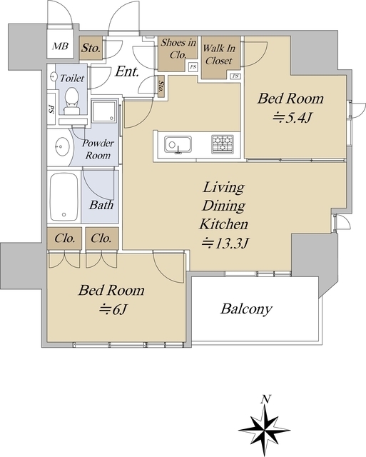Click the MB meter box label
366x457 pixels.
pyautogui.click(x=60, y=46)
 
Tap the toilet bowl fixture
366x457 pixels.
pyautogui.click(x=71, y=101)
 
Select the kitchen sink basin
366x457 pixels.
pyautogui.click(x=178, y=144)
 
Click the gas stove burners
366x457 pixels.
pyautogui.click(x=223, y=144)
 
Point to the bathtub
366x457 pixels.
pyautogui.click(x=64, y=197)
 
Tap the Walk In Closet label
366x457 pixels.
pyautogui.click(x=218, y=54)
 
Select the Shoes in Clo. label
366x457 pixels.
pyautogui.click(x=178, y=49)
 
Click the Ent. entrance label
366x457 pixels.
pyautogui.click(x=127, y=71)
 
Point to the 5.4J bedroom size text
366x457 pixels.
pyautogui.click(x=293, y=118)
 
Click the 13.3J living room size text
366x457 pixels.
pyautogui.click(x=225, y=243)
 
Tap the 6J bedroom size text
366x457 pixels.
pyautogui.click(x=113, y=309)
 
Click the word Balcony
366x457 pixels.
pyautogui.click(x=246, y=309)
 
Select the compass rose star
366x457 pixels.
pyautogui.click(x=265, y=430)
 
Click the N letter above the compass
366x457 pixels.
pyautogui.click(x=265, y=399)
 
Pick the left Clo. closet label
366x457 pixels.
pyautogui.click(x=65, y=238)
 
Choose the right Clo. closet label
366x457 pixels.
pyautogui.click(x=101, y=238)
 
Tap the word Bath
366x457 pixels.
pyautogui.click(x=101, y=205)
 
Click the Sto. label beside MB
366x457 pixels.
pyautogui.click(x=91, y=48)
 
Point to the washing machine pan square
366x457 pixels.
pyautogui.click(x=104, y=111)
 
